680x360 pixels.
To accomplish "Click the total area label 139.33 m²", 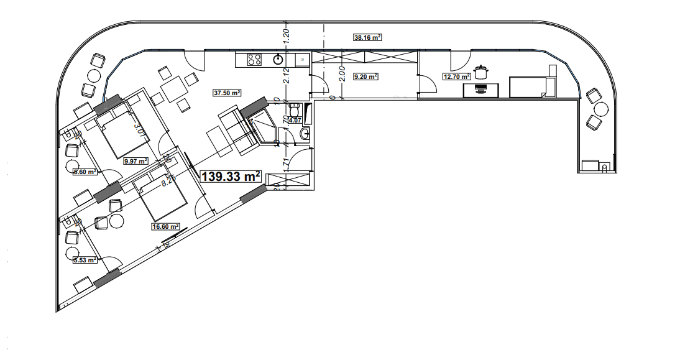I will pyautogui.click(x=230, y=177).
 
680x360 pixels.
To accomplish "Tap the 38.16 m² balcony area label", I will pyautogui.click(x=367, y=37).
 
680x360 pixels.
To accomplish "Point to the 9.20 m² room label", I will pyautogui.click(x=365, y=77).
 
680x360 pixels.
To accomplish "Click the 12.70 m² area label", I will pyautogui.click(x=456, y=77).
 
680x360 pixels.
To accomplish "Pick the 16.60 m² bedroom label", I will pyautogui.click(x=165, y=227).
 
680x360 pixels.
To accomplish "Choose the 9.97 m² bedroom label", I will pyautogui.click(x=136, y=161).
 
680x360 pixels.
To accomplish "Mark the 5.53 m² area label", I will pyautogui.click(x=85, y=260).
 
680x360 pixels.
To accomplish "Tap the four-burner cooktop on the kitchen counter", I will pyautogui.click(x=254, y=60).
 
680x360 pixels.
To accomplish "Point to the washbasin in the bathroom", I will pyautogui.click(x=305, y=133).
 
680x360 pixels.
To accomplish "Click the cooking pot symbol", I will pyautogui.click(x=480, y=71).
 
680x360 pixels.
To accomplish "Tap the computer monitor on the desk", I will pyautogui.click(x=480, y=90).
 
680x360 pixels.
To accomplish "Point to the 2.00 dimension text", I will pyautogui.click(x=342, y=73).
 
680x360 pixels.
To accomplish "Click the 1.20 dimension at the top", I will pyautogui.click(x=287, y=35).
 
